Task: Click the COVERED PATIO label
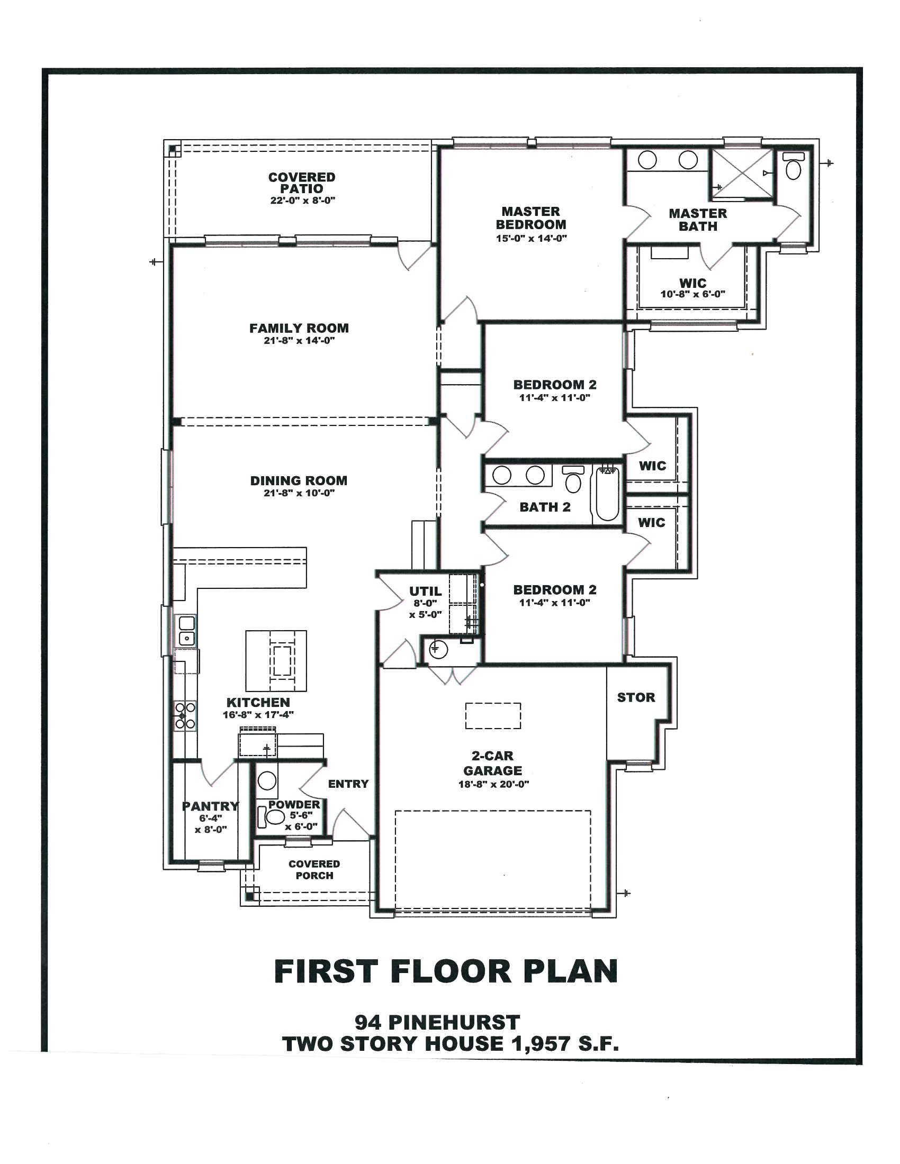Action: pyautogui.click(x=302, y=183)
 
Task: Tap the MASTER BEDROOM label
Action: pyautogui.click(x=531, y=218)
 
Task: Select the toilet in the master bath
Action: pyautogui.click(x=794, y=166)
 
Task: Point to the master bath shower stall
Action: pyautogui.click(x=741, y=173)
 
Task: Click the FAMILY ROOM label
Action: pyautogui.click(x=299, y=329)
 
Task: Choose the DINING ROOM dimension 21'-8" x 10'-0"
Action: pyautogui.click(x=299, y=494)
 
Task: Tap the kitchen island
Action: pyautogui.click(x=276, y=661)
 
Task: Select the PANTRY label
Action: pyautogui.click(x=211, y=806)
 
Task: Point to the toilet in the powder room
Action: pyautogui.click(x=272, y=816)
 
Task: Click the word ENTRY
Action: pyautogui.click(x=348, y=784)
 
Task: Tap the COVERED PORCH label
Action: pyautogui.click(x=314, y=869)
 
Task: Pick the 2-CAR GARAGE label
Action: pyautogui.click(x=493, y=763)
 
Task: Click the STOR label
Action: pyautogui.click(x=636, y=698)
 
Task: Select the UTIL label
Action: pyautogui.click(x=426, y=591)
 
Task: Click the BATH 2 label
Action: pyautogui.click(x=545, y=507)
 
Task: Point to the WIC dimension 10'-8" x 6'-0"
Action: pyautogui.click(x=692, y=294)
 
